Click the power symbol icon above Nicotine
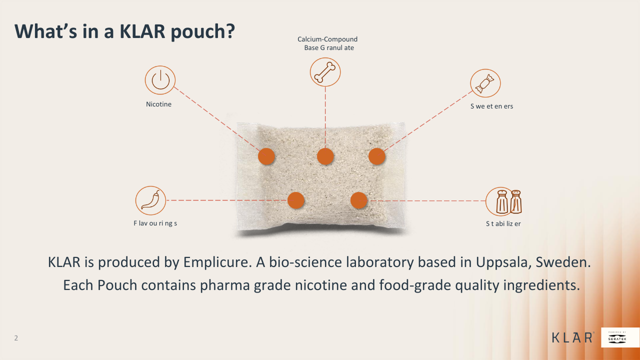point(160,80)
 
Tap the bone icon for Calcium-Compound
point(325,72)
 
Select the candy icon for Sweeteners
point(485,83)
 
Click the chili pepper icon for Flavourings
point(150,200)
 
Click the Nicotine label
point(158,104)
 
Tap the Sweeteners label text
point(491,106)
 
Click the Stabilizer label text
point(503,224)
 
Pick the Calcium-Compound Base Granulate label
point(327,43)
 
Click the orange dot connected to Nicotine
point(266,156)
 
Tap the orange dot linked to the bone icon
point(325,156)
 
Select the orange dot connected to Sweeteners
point(377,156)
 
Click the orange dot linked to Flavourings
point(296,200)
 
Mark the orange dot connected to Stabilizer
point(359,200)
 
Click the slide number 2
point(16,338)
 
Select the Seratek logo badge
point(620,337)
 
